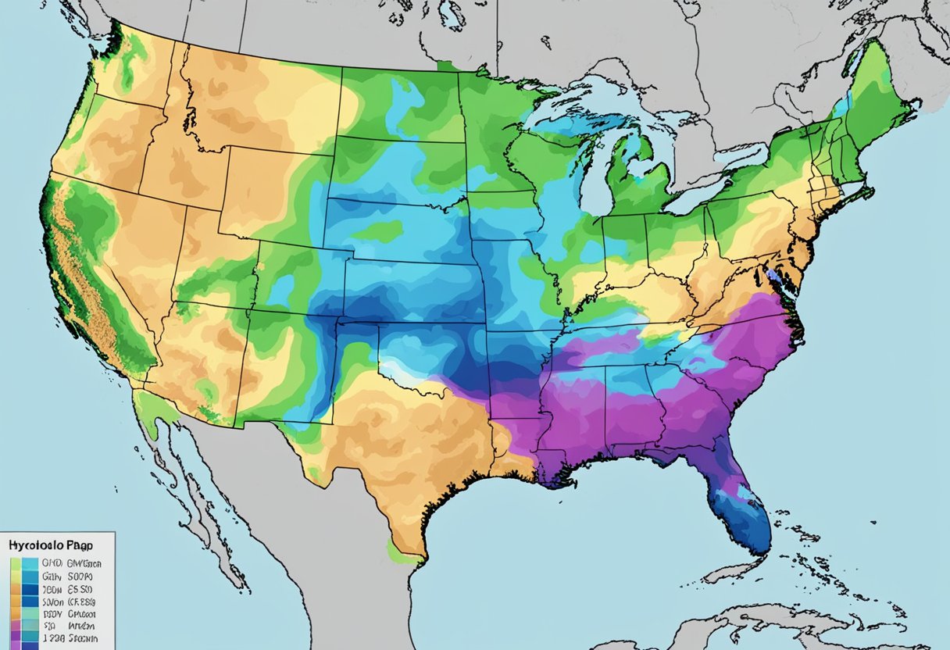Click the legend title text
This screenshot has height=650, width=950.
pyautogui.click(x=51, y=545)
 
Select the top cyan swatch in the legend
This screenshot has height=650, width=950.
pyautogui.click(x=30, y=563)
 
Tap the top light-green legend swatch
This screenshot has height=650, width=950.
pyautogui.click(x=16, y=564)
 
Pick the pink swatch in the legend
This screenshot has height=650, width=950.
pyautogui.click(x=16, y=625)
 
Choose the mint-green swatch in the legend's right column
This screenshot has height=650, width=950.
pyautogui.click(x=30, y=613)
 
